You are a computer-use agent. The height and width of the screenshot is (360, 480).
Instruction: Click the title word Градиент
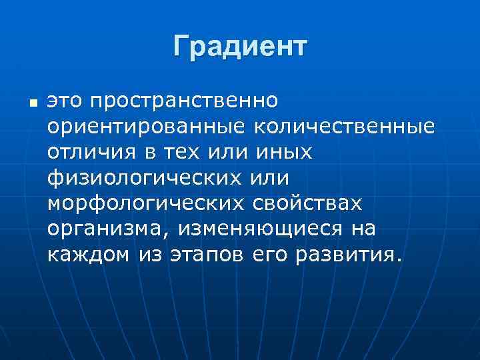[240, 47]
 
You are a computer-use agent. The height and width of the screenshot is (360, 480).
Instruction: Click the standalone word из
[151, 254]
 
